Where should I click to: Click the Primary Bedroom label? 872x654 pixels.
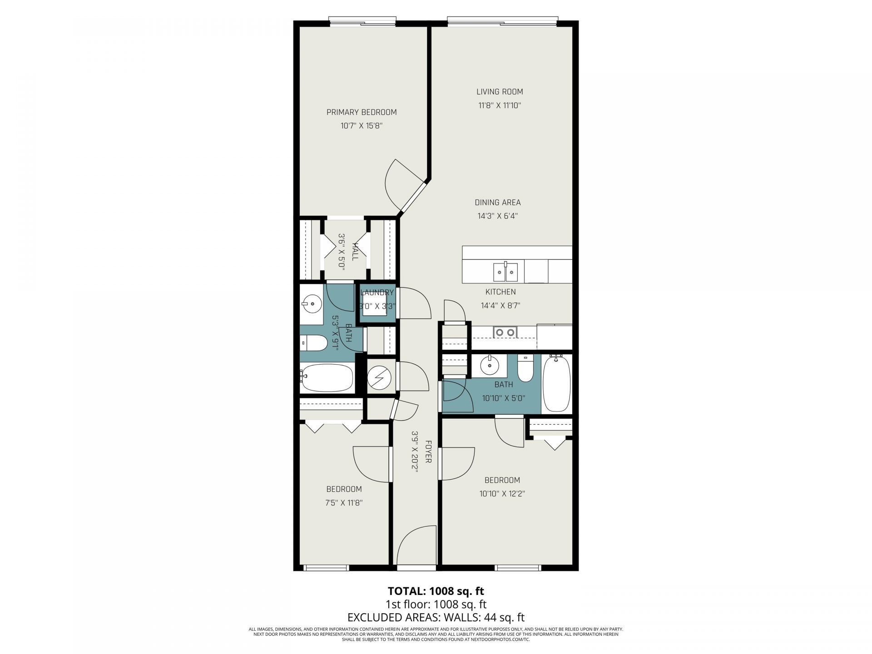coord(362,112)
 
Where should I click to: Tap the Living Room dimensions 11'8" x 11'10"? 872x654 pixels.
coord(500,105)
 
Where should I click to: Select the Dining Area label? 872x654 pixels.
coord(497,203)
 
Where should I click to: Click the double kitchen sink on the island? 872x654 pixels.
coord(505,273)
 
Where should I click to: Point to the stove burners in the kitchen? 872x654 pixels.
coord(505,332)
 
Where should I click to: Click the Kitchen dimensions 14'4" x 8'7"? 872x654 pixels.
coord(500,306)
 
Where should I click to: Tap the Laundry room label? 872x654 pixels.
coord(377,292)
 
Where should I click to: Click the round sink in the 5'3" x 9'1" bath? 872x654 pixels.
coord(312,302)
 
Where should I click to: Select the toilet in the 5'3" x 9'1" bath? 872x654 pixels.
coord(313,343)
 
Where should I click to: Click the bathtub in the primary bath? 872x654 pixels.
coord(327,378)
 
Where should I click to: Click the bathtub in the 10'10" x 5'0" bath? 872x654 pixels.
coord(557,384)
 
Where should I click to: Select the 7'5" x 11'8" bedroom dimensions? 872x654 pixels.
coord(344,503)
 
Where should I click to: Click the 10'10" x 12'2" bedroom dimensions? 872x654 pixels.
coord(502,494)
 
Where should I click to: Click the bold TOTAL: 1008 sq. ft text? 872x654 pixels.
coord(436,591)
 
